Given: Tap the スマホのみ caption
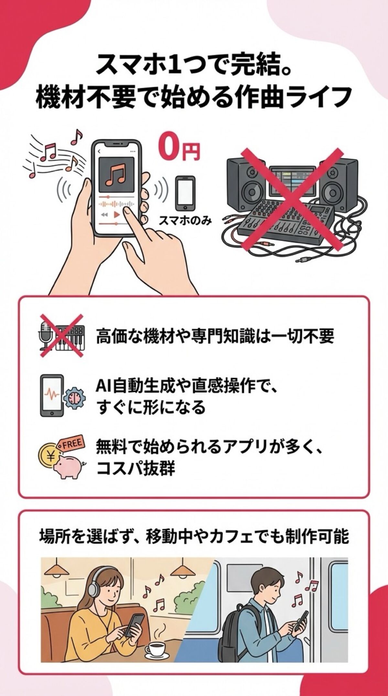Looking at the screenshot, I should (x=185, y=221).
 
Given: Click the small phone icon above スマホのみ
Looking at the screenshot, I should (x=185, y=193).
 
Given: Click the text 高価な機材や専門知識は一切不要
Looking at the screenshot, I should (x=215, y=337).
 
